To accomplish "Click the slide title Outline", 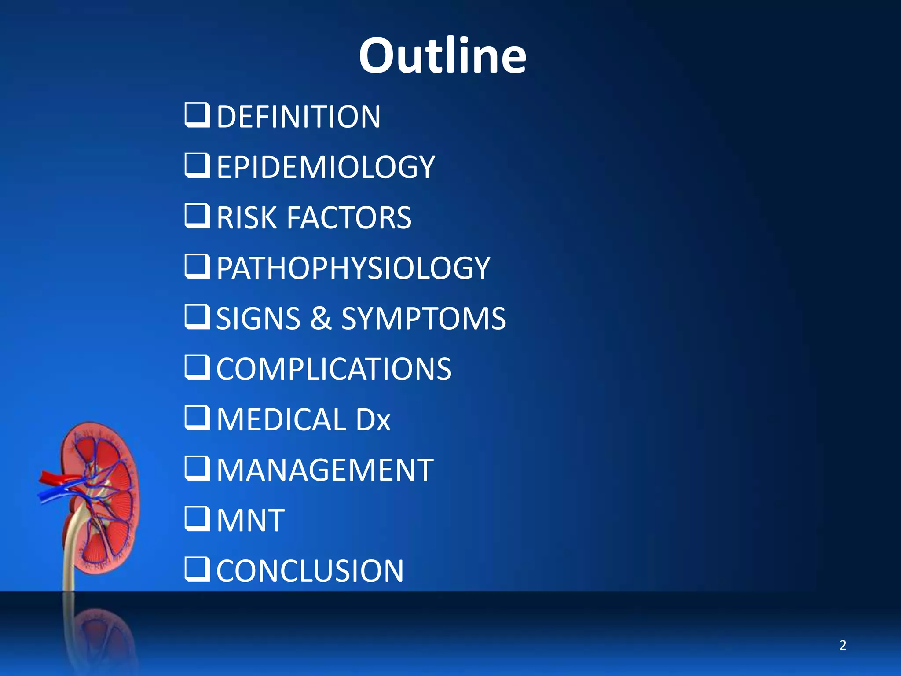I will point(442,56).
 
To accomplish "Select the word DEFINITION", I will point(298,117).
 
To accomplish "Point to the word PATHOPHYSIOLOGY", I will point(353,268).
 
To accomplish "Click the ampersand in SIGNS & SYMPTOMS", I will point(321,318).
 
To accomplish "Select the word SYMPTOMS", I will point(424,318).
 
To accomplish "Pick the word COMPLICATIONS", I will point(333,369).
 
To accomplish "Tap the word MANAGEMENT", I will point(325,470).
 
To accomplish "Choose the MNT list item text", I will point(250,521).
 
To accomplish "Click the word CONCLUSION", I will point(310,571).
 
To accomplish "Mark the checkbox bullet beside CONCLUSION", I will point(197,569).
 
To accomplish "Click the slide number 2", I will point(842,645).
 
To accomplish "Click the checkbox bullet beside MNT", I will point(197,518).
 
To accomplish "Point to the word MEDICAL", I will point(281,419).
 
